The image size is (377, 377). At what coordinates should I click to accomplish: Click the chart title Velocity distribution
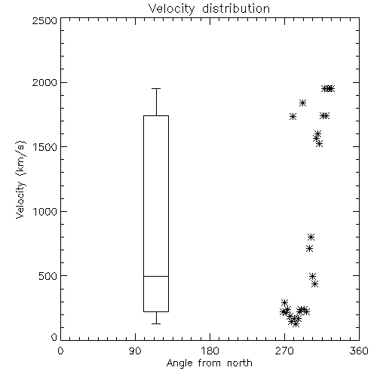pos(209,8)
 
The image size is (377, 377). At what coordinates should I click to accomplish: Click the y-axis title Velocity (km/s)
pos(20,179)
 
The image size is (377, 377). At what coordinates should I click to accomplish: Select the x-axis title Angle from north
pos(209,363)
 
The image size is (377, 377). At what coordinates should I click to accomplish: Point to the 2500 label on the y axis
pos(44,20)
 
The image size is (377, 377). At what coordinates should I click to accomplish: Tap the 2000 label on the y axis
pos(44,82)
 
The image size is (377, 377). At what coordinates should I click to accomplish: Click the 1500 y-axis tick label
pos(45,147)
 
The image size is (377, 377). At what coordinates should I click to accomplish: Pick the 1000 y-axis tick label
pos(45,211)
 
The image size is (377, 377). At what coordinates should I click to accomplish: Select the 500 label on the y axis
pos(48,276)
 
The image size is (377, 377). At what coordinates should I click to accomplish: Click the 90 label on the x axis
pos(135,351)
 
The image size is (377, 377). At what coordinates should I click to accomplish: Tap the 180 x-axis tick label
pos(210,351)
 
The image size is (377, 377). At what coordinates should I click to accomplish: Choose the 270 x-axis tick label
pos(284,351)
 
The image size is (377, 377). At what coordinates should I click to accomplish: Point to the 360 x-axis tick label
pos(359,351)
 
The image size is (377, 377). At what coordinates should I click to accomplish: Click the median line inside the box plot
pos(156,276)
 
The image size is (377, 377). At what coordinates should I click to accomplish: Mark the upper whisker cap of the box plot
pos(156,88)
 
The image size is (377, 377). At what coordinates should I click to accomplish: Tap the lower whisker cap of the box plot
pos(156,323)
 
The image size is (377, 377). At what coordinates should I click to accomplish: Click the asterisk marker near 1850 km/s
pos(302,103)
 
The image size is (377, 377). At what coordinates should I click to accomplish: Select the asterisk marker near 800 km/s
pos(311,237)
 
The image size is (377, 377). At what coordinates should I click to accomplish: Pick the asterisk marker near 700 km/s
pos(309,249)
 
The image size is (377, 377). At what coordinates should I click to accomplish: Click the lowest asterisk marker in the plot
pos(296,323)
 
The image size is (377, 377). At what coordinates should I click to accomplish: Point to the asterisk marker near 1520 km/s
pos(319,144)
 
